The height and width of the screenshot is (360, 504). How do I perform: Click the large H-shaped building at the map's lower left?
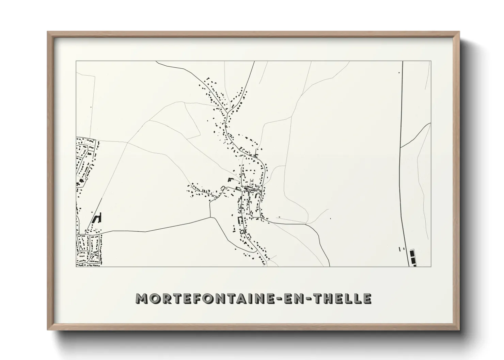coord(98,218)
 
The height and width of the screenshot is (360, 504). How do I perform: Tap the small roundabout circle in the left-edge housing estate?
coord(86,178)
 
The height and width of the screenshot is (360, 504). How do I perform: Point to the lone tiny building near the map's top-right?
coord(399,72)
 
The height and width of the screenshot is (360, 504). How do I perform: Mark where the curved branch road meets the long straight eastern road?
coord(401,147)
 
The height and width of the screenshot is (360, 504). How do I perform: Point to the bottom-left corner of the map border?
coord(76,266)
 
